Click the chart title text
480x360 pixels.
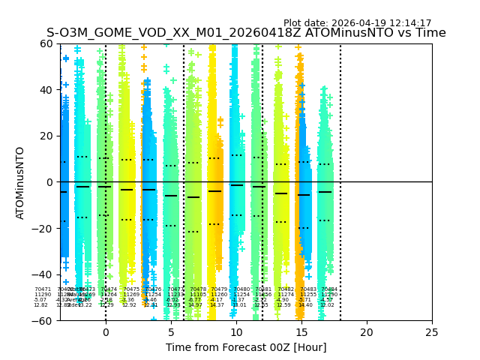[x=246, y=33]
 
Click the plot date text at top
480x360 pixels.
[x=357, y=23]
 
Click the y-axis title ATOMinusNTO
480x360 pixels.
[x=20, y=182]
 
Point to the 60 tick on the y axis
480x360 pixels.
[x=46, y=43]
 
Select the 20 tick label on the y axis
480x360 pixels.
[x=46, y=136]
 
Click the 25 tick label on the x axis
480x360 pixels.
[x=431, y=332]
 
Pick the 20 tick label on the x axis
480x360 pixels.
[x=366, y=332]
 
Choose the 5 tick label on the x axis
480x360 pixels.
[x=171, y=332]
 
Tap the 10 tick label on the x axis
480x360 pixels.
[x=236, y=332]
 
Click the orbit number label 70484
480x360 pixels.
[x=329, y=289]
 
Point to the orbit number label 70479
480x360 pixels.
[x=219, y=289]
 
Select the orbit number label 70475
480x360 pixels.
[x=131, y=289]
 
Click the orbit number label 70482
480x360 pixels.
[x=286, y=289]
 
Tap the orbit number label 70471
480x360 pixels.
[x=43, y=289]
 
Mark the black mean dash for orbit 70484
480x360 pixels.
[x=325, y=192]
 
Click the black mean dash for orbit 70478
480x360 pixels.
[x=193, y=197]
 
